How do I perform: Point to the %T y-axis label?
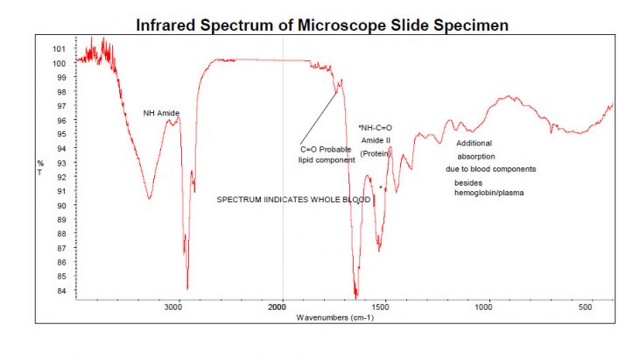[39, 166]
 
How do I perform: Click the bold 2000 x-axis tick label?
[278, 307]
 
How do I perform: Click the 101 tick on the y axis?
[60, 49]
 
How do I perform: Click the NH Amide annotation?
[161, 113]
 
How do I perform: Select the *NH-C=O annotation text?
[376, 128]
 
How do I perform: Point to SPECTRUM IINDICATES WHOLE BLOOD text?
[294, 200]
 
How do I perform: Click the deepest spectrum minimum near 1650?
[355, 293]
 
